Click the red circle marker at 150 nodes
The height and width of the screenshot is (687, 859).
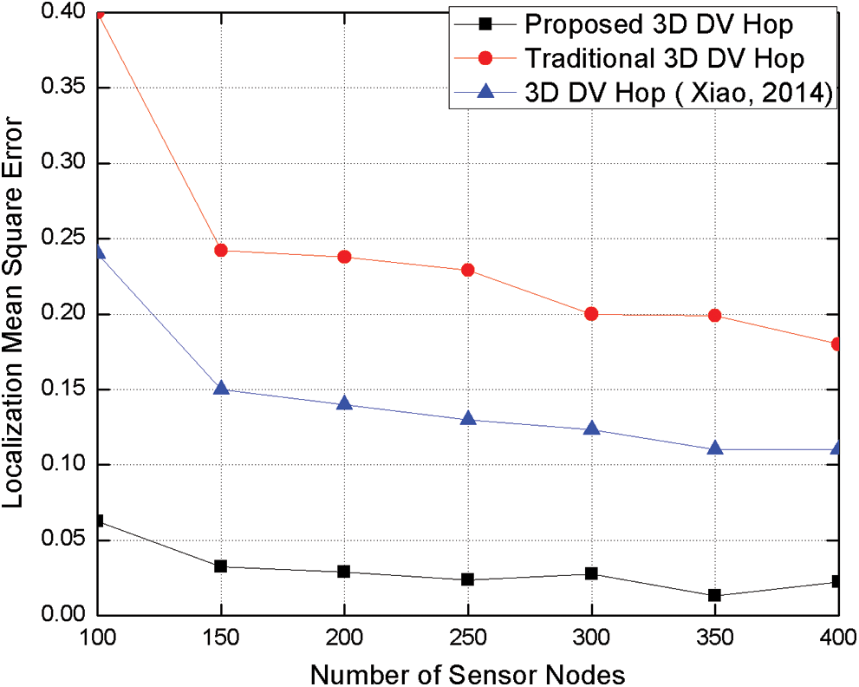pyautogui.click(x=221, y=251)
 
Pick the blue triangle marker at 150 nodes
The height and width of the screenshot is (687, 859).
pyautogui.click(x=221, y=389)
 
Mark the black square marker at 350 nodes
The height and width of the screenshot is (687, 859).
pyautogui.click(x=715, y=596)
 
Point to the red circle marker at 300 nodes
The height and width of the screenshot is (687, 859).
pyautogui.click(x=592, y=314)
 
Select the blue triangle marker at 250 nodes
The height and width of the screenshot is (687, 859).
pyautogui.click(x=468, y=419)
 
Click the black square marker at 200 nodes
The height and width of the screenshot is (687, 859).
pyautogui.click(x=344, y=572)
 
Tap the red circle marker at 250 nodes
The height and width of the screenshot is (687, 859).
pyautogui.click(x=468, y=270)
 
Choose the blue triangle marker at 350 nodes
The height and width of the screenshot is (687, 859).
pyautogui.click(x=715, y=448)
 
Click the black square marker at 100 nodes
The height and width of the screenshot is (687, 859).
pyautogui.click(x=98, y=521)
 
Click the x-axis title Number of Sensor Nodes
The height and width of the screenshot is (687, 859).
pyautogui.click(x=467, y=672)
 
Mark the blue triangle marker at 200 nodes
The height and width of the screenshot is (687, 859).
pyautogui.click(x=344, y=404)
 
